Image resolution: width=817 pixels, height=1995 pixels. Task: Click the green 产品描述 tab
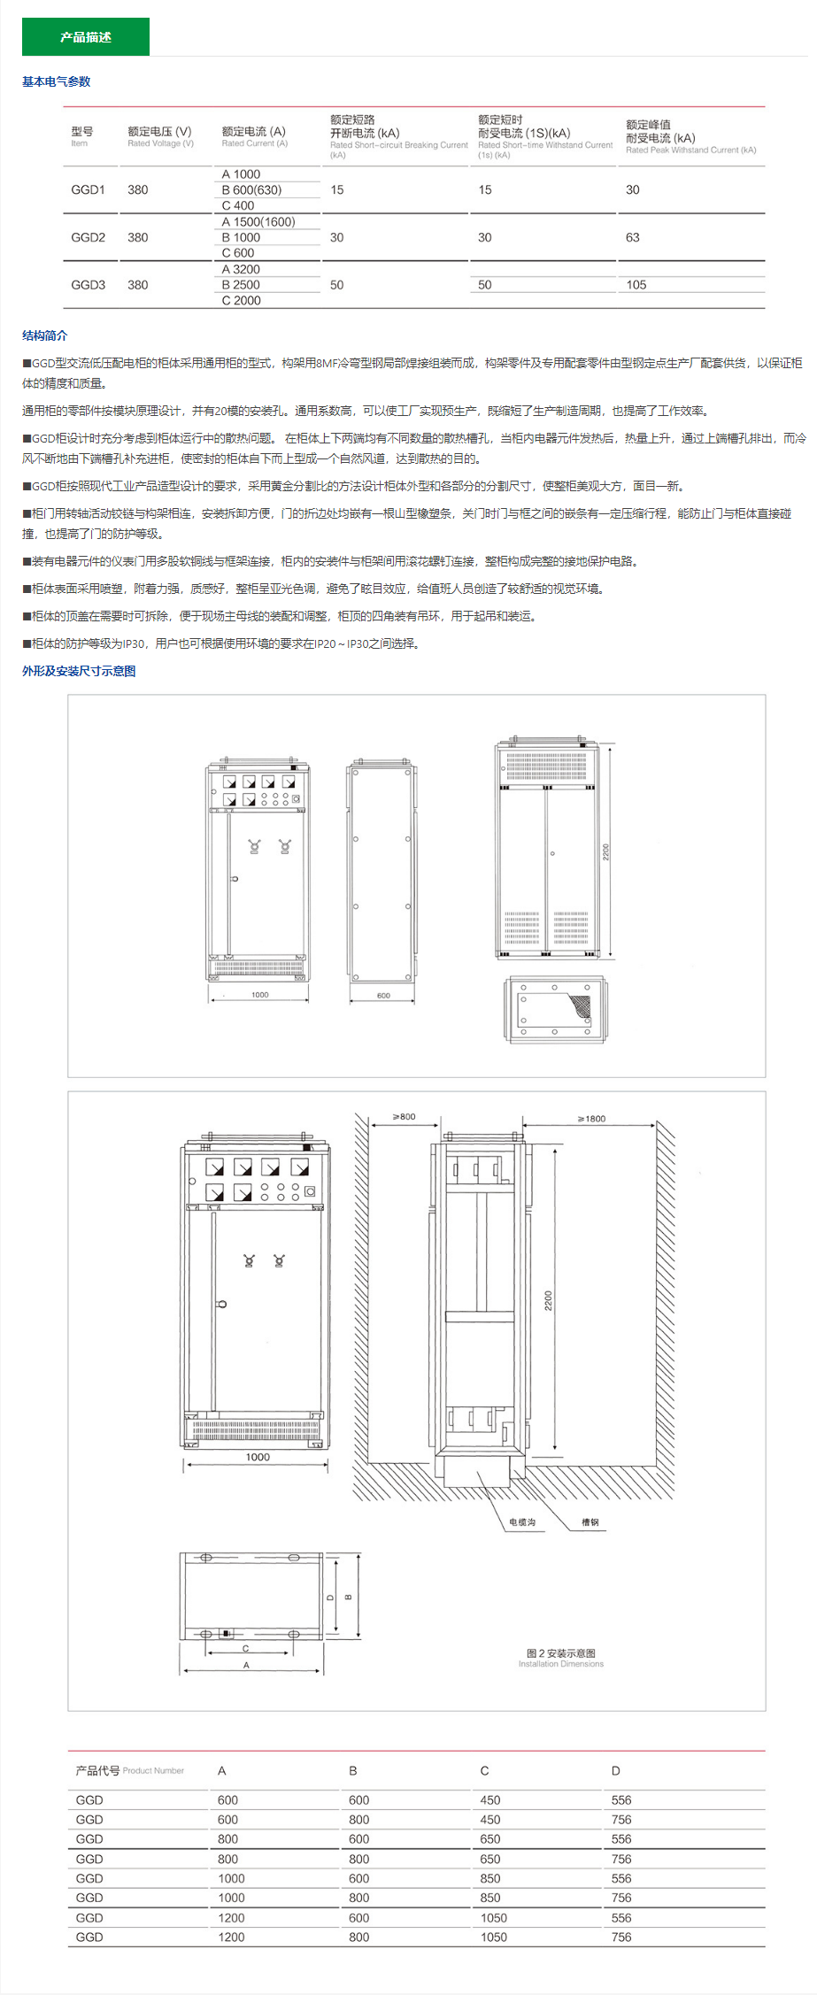pyautogui.click(x=86, y=37)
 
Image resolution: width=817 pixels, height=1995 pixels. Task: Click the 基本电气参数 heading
pyautogui.click(x=57, y=81)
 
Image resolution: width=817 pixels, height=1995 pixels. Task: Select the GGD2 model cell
pyautogui.click(x=89, y=237)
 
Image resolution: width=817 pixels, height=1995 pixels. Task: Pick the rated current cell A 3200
pyautogui.click(x=241, y=269)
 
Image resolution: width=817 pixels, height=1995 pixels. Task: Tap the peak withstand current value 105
pyautogui.click(x=636, y=284)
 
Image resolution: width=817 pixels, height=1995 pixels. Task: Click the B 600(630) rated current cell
pyautogui.click(x=251, y=189)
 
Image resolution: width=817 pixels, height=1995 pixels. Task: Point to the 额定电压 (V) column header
pyautogui.click(x=160, y=131)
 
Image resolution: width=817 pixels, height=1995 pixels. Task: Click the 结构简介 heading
pyautogui.click(x=45, y=335)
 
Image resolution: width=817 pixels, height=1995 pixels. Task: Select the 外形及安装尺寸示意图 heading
pyautogui.click(x=80, y=671)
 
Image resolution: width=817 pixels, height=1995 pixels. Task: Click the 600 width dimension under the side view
pyautogui.click(x=383, y=996)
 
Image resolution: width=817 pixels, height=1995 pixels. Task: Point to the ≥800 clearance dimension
pyautogui.click(x=405, y=1117)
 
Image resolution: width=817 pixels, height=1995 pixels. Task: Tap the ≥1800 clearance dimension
pyautogui.click(x=592, y=1119)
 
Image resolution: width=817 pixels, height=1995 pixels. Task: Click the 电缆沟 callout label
pyautogui.click(x=522, y=1522)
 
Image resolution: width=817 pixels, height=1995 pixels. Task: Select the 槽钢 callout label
pyautogui.click(x=590, y=1522)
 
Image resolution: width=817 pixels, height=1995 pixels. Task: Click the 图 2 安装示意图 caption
pyautogui.click(x=561, y=1652)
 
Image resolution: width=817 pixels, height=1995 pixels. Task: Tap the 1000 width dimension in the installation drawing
pyautogui.click(x=258, y=1457)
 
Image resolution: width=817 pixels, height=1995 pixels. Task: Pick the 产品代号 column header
pyautogui.click(x=97, y=1770)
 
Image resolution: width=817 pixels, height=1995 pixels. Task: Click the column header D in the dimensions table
pyautogui.click(x=616, y=1771)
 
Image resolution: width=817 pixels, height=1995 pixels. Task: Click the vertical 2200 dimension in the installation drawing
pyautogui.click(x=548, y=1300)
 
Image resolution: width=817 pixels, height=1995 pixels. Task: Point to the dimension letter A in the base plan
pyautogui.click(x=246, y=1665)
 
